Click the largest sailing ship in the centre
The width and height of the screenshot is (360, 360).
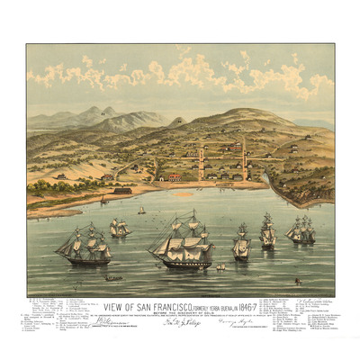tap(184, 240)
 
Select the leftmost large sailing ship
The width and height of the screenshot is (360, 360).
tap(83, 245)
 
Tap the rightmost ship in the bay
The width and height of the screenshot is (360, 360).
tap(301, 230)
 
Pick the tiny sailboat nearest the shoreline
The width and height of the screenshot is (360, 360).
tap(141, 210)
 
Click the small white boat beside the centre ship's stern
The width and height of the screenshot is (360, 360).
tap(220, 266)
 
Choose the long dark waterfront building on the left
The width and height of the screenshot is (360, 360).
tap(119, 190)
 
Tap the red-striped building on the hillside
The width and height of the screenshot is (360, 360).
tap(232, 147)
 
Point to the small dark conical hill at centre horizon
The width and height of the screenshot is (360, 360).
tap(179, 120)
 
